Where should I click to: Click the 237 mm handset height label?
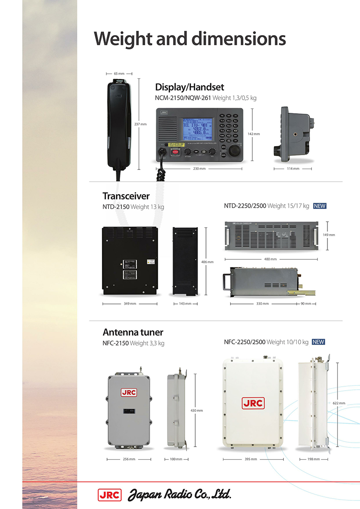(140, 124)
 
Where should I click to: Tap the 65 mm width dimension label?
(119, 74)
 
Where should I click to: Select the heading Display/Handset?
(190, 87)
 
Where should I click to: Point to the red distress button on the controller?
(176, 152)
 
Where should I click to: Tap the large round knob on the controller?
(235, 150)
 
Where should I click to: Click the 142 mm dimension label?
(253, 134)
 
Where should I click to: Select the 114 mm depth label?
(293, 169)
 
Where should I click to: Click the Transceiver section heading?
(126, 196)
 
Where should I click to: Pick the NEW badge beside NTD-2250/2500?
(320, 206)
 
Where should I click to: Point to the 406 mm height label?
(207, 262)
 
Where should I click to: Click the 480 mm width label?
(270, 259)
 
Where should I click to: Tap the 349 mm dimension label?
(130, 303)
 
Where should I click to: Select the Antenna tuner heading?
(133, 332)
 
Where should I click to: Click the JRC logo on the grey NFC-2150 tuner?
(129, 393)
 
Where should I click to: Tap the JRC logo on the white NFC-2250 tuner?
(252, 403)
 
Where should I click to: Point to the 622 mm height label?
(339, 403)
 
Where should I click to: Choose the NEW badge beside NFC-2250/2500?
(318, 342)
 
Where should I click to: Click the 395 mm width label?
(251, 459)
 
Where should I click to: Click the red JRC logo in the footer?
(108, 495)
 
